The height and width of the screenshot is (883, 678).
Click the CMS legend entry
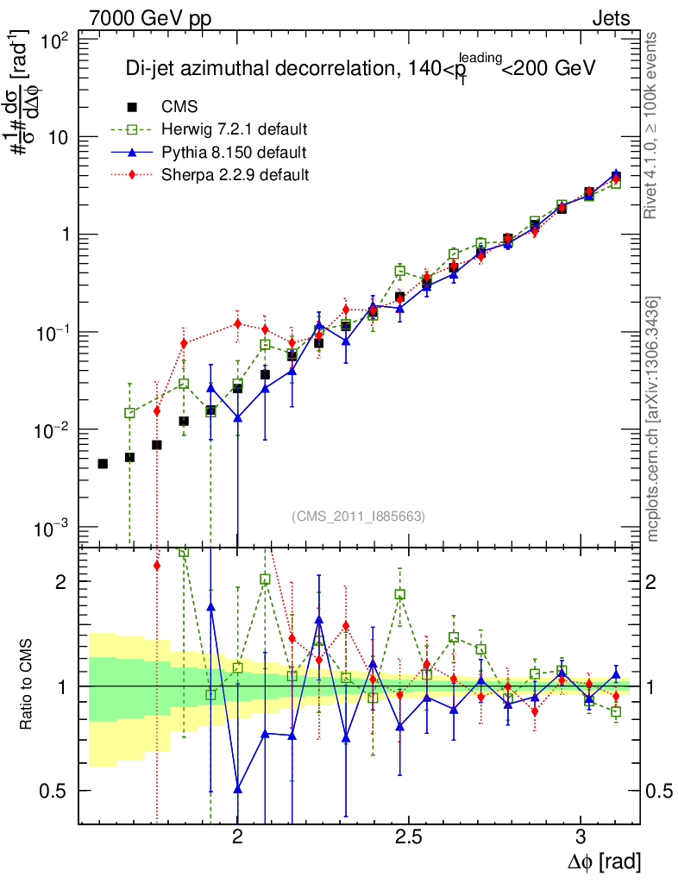[x=179, y=107]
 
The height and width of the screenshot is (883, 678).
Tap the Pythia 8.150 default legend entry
[x=234, y=153]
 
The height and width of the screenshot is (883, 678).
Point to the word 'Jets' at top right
[x=611, y=18]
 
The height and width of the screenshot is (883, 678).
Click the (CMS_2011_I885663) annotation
[x=359, y=516]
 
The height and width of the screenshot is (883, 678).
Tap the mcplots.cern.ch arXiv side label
[x=654, y=419]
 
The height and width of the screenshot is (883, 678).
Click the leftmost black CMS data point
[x=103, y=464]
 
